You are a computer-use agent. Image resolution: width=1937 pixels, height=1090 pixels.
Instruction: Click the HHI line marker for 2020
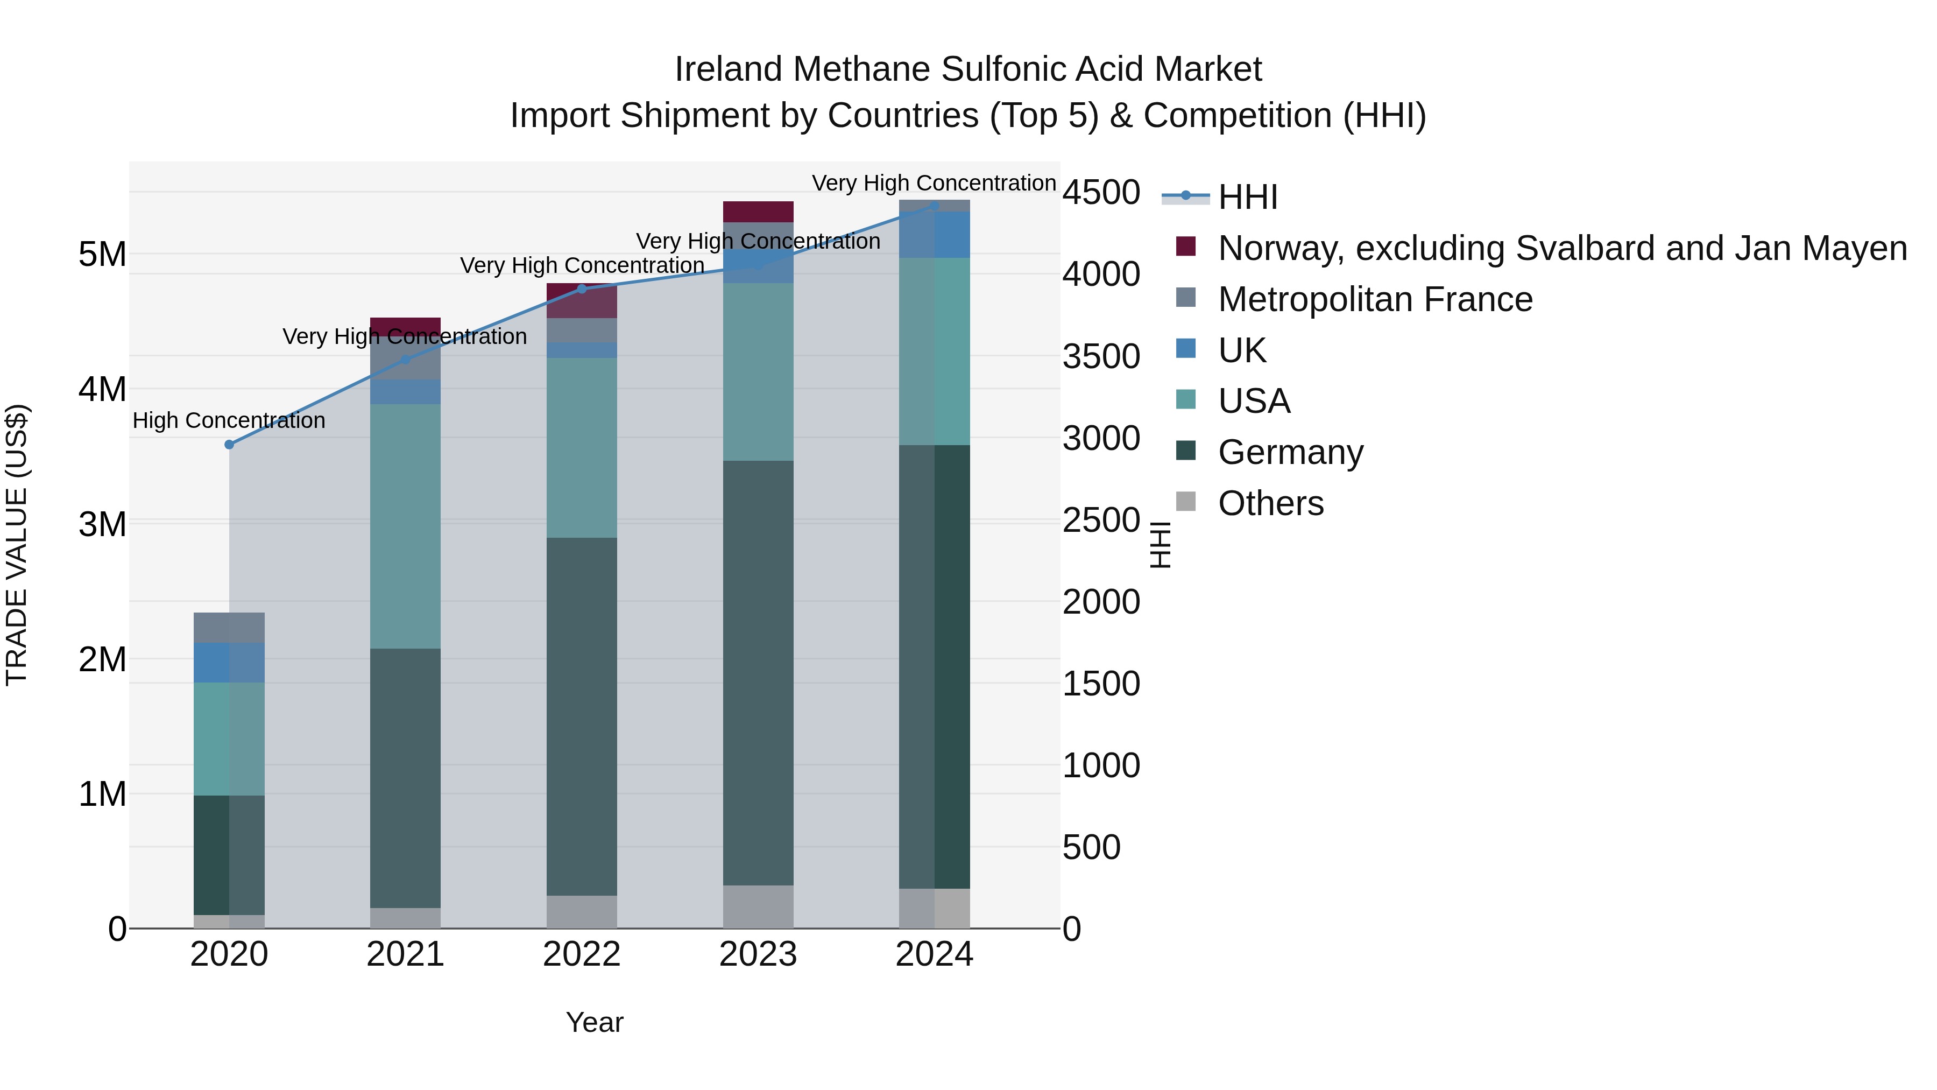click(x=229, y=445)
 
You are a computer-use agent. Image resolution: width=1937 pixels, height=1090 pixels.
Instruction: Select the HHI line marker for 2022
click(x=581, y=289)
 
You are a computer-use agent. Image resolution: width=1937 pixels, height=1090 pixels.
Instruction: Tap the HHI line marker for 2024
click(x=934, y=206)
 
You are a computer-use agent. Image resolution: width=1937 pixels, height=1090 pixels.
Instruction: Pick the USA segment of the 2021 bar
click(x=405, y=526)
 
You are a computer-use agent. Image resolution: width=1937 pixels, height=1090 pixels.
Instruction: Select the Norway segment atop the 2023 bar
click(x=758, y=212)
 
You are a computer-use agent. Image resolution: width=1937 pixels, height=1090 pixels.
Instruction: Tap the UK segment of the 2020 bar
click(x=229, y=663)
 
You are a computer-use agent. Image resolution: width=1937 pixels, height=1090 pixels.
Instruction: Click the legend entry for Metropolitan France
click(x=1375, y=299)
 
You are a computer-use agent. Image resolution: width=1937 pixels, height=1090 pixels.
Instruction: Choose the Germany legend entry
click(x=1290, y=452)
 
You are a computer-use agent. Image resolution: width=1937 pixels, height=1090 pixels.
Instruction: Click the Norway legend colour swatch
click(x=1186, y=247)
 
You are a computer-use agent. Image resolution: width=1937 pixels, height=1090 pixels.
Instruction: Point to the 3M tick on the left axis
click(x=102, y=524)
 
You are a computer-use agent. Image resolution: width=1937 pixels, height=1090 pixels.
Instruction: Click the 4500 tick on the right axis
click(x=1101, y=193)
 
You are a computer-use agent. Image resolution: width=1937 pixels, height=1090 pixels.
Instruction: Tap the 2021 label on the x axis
click(x=405, y=954)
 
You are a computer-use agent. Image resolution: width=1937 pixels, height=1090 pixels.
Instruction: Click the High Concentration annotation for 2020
click(x=229, y=420)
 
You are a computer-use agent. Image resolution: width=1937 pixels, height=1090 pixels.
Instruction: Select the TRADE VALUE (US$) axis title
click(x=17, y=545)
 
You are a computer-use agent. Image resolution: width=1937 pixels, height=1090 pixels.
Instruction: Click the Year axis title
click(x=594, y=1022)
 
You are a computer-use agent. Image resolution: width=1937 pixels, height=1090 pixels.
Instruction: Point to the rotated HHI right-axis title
click(x=1160, y=545)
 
